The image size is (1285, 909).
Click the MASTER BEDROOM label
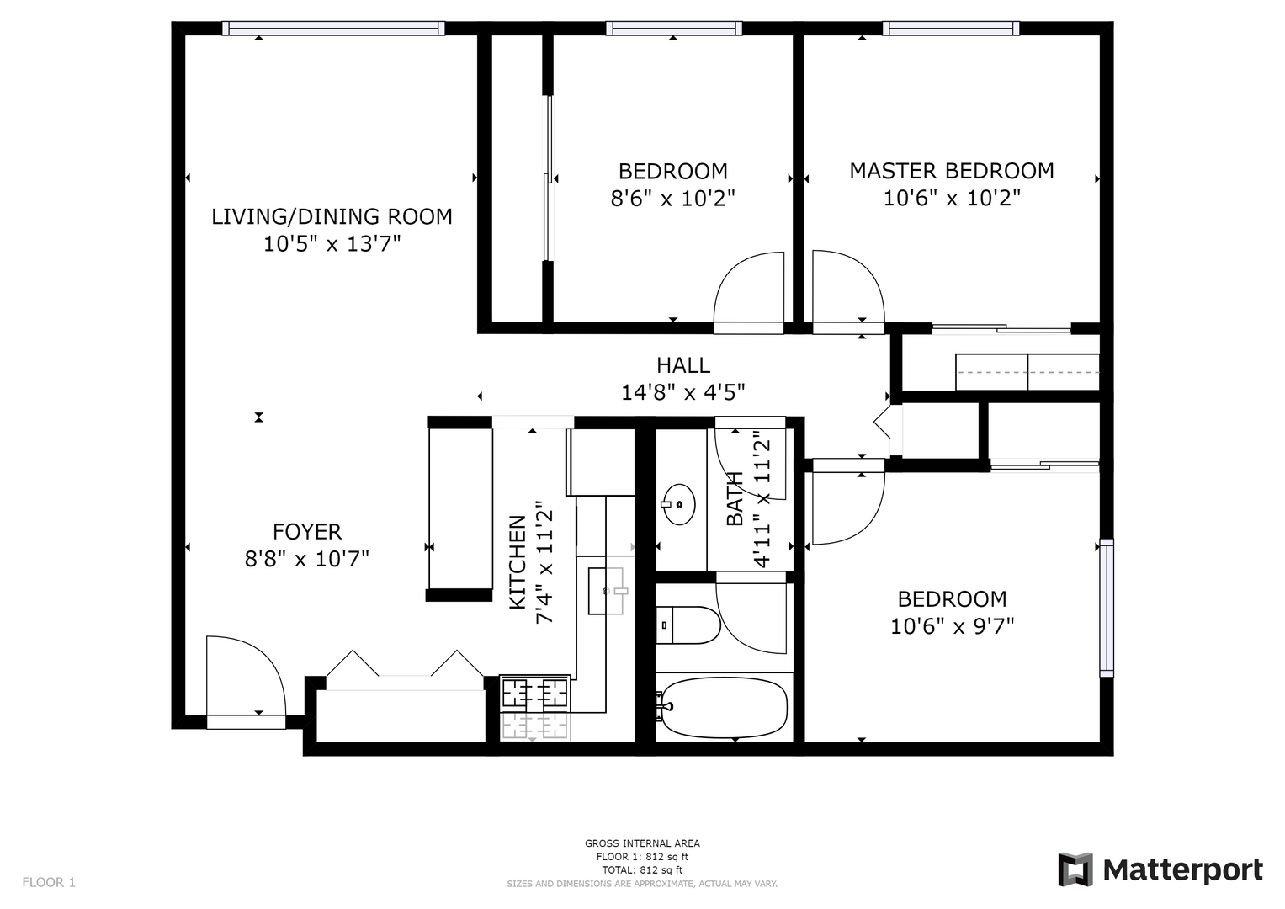(x=952, y=171)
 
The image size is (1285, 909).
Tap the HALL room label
(x=683, y=365)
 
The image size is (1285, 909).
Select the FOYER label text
(x=307, y=531)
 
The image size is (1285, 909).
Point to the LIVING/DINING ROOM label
(x=332, y=217)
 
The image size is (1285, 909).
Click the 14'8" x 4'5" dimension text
(x=683, y=392)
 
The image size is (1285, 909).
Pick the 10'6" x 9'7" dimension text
(x=953, y=626)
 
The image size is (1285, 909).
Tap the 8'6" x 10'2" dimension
(x=673, y=199)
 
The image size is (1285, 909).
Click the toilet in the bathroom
(x=688, y=625)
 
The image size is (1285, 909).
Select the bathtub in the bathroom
(x=723, y=708)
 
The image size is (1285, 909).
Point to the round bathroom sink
(x=678, y=504)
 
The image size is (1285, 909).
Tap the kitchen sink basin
(x=606, y=591)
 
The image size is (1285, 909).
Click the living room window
(x=333, y=28)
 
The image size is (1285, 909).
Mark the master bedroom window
(x=951, y=28)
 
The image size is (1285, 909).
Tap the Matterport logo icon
(x=1075, y=869)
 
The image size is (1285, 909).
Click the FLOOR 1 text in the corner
(x=49, y=882)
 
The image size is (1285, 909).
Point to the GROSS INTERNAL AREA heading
(x=643, y=843)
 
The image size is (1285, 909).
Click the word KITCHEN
(x=518, y=562)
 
